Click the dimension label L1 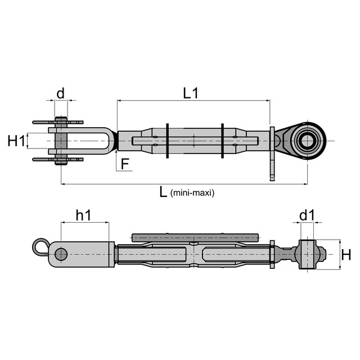coord(190,93)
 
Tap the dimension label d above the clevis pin coord(60,93)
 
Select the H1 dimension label coord(16,141)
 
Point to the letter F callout coord(125,164)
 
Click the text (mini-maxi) coord(192,193)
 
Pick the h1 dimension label coord(84,215)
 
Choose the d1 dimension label coord(307,215)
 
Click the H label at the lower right coord(346,255)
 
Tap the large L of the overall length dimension coord(163,191)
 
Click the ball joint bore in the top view coord(307,141)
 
